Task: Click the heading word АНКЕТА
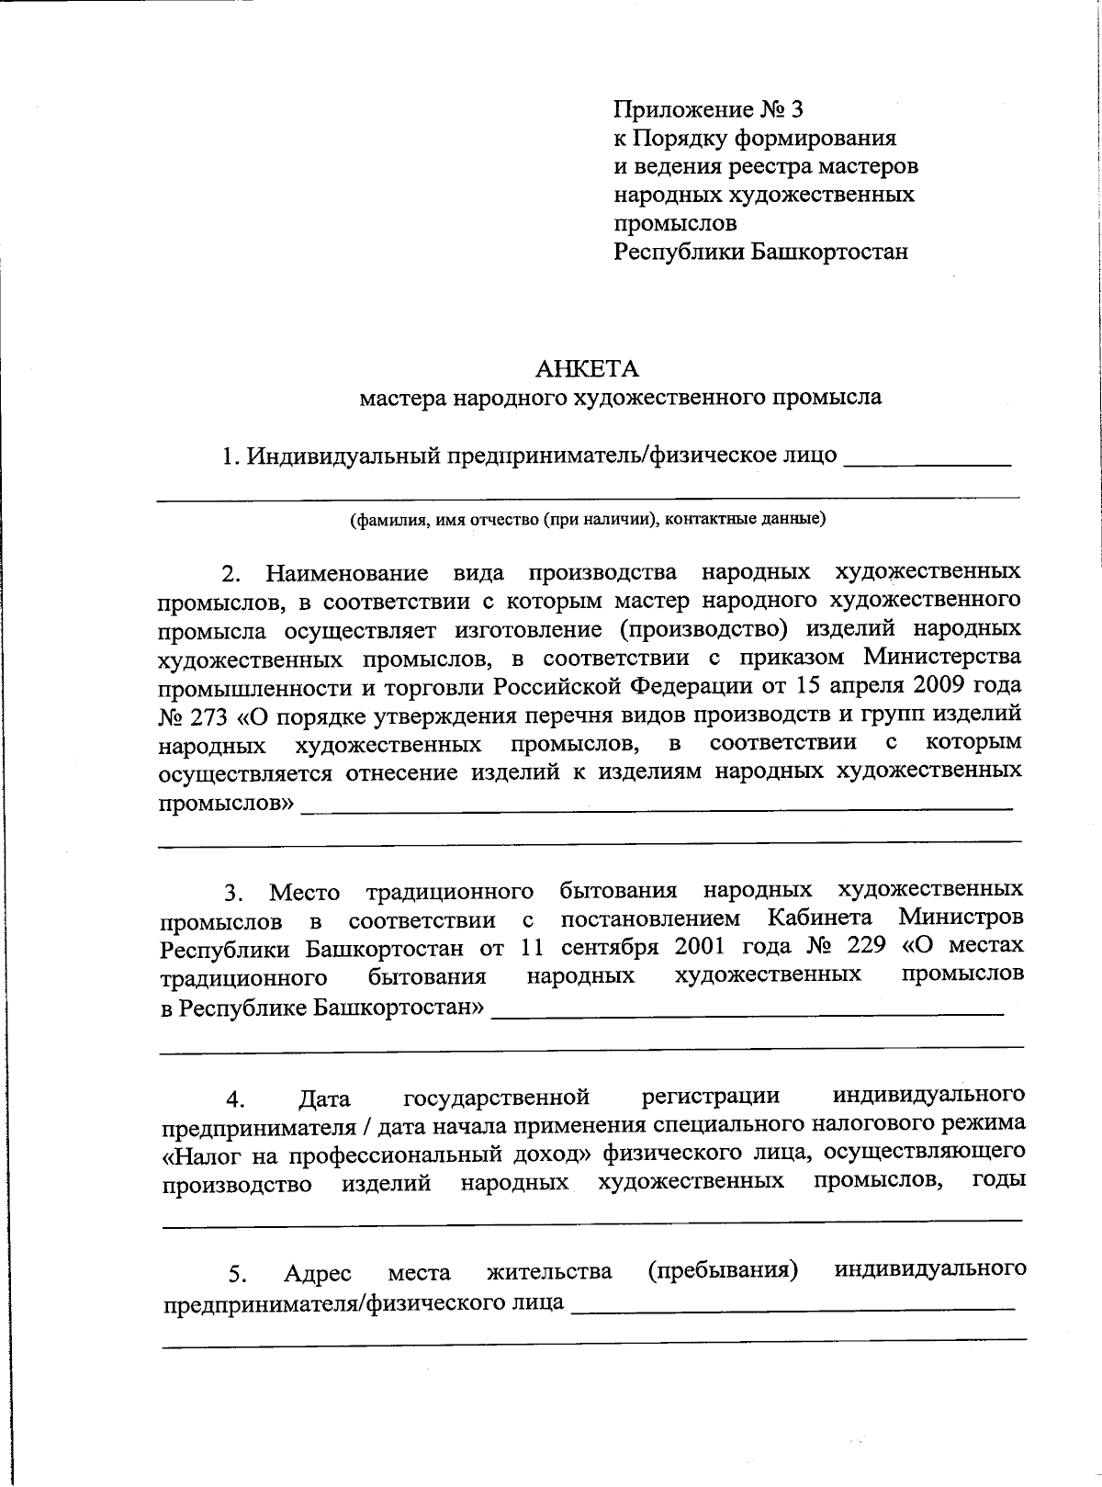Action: click(x=587, y=368)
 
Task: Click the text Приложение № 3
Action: click(x=708, y=110)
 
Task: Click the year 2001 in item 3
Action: click(x=703, y=946)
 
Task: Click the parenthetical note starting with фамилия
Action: click(x=588, y=519)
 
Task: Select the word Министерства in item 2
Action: click(x=942, y=658)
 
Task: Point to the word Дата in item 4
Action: click(x=325, y=1098)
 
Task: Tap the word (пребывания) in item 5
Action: click(x=722, y=1270)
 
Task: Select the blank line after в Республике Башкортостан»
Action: click(x=748, y=1012)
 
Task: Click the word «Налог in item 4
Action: click(x=197, y=1155)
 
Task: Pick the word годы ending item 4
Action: click(x=998, y=1180)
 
